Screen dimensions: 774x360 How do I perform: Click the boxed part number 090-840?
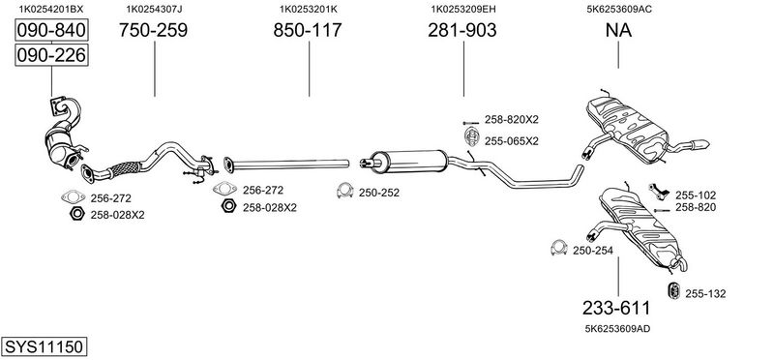[x=51, y=30]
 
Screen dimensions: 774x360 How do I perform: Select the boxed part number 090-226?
[x=51, y=55]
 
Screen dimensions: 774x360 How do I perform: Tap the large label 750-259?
[x=153, y=30]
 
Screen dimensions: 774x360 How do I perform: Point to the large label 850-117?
[x=308, y=30]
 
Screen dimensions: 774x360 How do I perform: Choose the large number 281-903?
[x=462, y=30]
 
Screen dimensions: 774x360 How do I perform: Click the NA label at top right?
[x=618, y=30]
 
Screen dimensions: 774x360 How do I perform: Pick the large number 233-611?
[x=616, y=308]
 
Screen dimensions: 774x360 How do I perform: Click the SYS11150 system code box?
[x=44, y=346]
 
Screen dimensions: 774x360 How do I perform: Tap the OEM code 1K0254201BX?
[x=51, y=9]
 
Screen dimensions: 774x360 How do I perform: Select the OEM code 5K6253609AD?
[x=617, y=328]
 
